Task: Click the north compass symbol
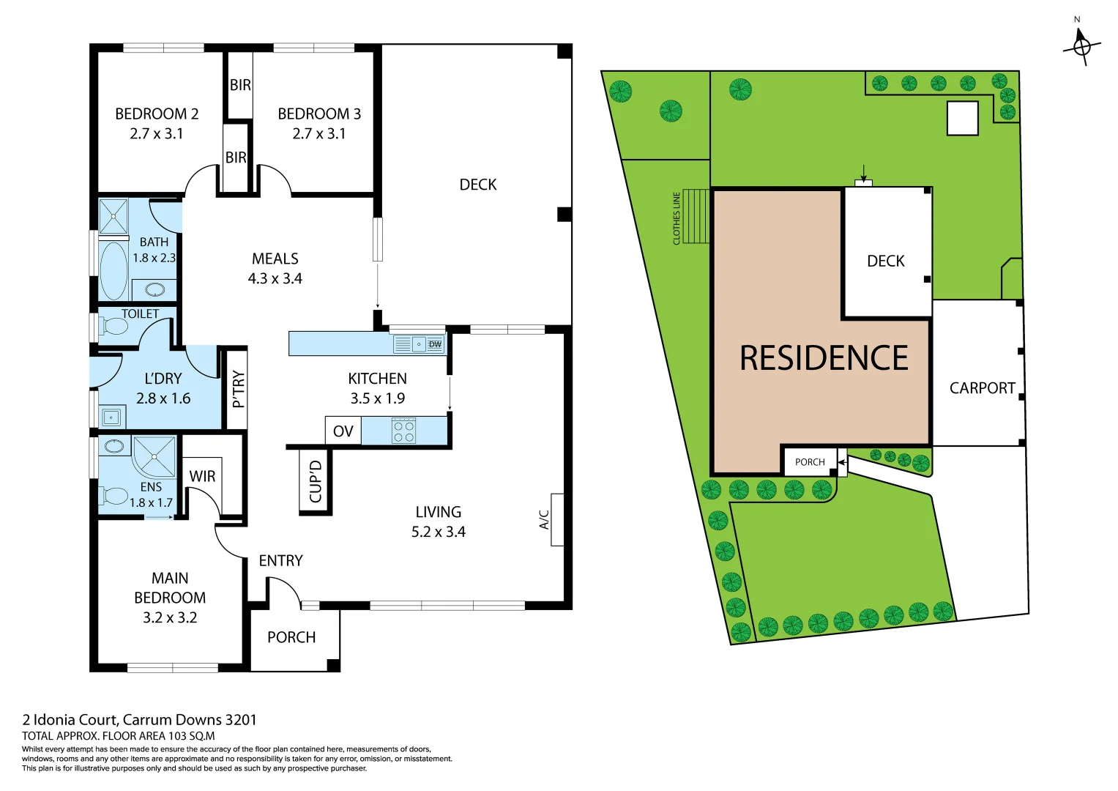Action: point(1081,45)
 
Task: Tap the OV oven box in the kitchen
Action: point(343,431)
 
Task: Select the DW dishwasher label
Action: point(435,344)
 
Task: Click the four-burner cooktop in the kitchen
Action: point(404,431)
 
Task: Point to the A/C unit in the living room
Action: point(556,519)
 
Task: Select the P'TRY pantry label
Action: point(238,389)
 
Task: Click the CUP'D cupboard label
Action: point(316,481)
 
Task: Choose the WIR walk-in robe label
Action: point(202,476)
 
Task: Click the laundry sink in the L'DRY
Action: point(111,417)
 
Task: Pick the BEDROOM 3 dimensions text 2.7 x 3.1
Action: point(319,133)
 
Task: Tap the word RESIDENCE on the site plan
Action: point(824,358)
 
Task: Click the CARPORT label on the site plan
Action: point(982,388)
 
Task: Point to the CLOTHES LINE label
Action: point(677,218)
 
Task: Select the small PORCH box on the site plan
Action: point(810,462)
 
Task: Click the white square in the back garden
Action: point(962,119)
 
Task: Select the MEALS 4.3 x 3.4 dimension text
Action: point(275,278)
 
